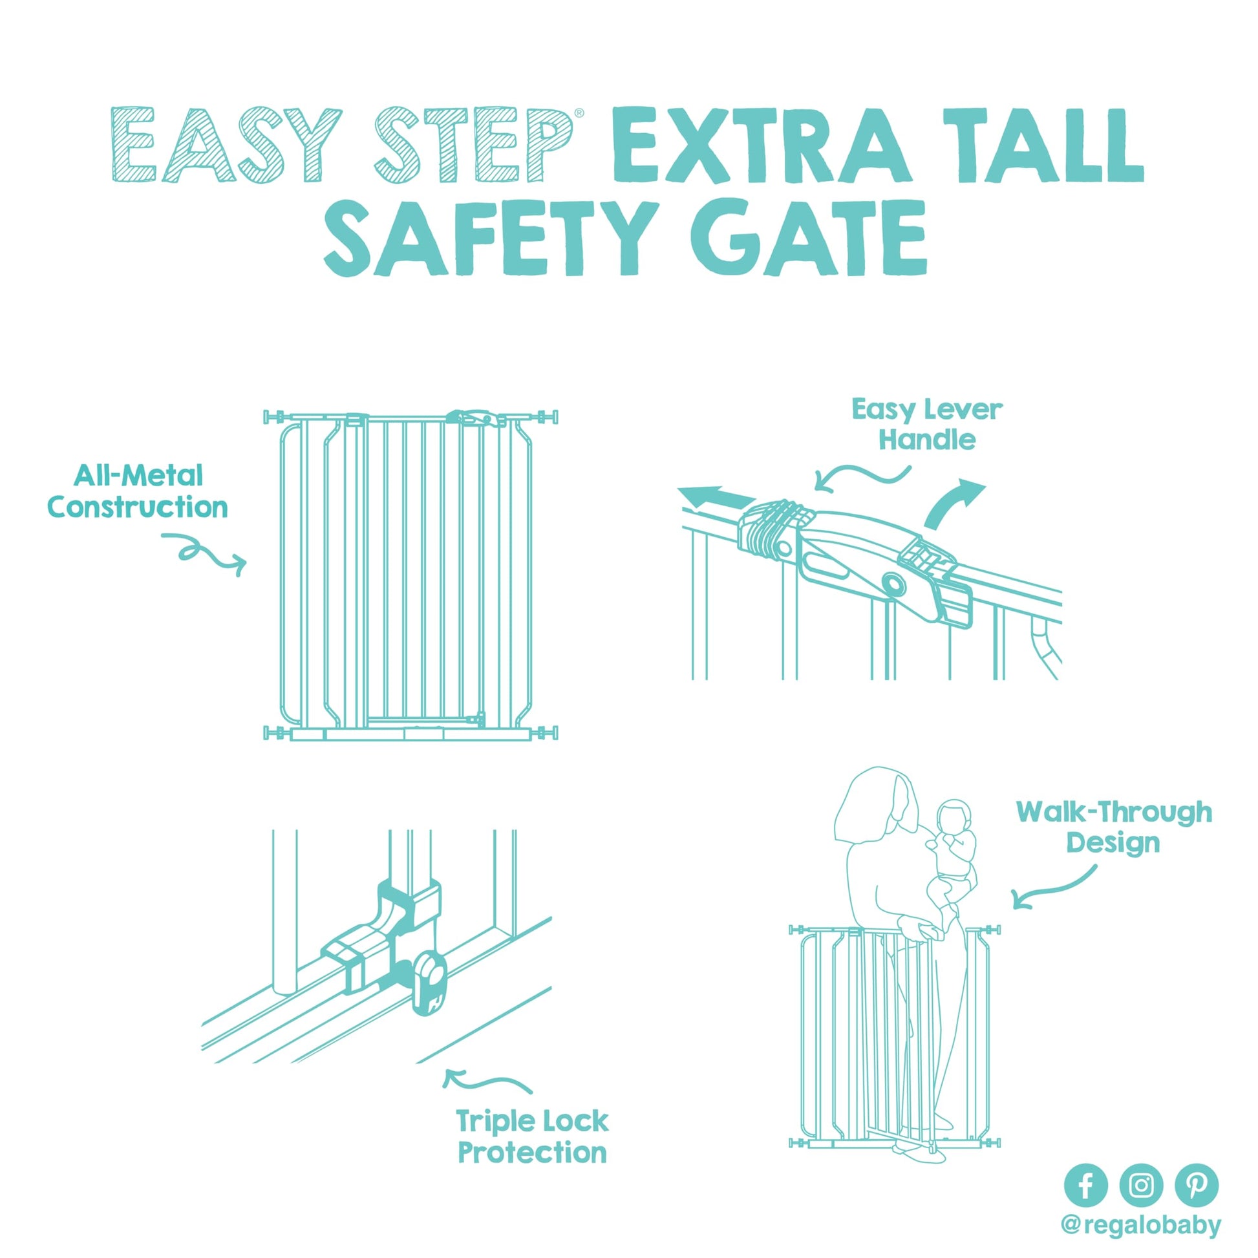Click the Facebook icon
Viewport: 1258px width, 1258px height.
tap(1085, 1184)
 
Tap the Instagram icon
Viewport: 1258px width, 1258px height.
tap(1141, 1184)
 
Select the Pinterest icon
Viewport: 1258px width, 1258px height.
tap(1196, 1184)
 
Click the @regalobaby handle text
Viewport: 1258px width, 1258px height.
tap(1141, 1226)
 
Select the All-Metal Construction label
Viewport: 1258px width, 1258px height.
tap(138, 491)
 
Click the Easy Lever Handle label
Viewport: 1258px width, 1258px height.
tap(927, 425)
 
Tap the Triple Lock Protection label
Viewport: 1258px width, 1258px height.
tap(533, 1137)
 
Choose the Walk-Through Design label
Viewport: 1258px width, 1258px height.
tap(1114, 827)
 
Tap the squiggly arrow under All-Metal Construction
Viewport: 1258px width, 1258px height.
tap(203, 554)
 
